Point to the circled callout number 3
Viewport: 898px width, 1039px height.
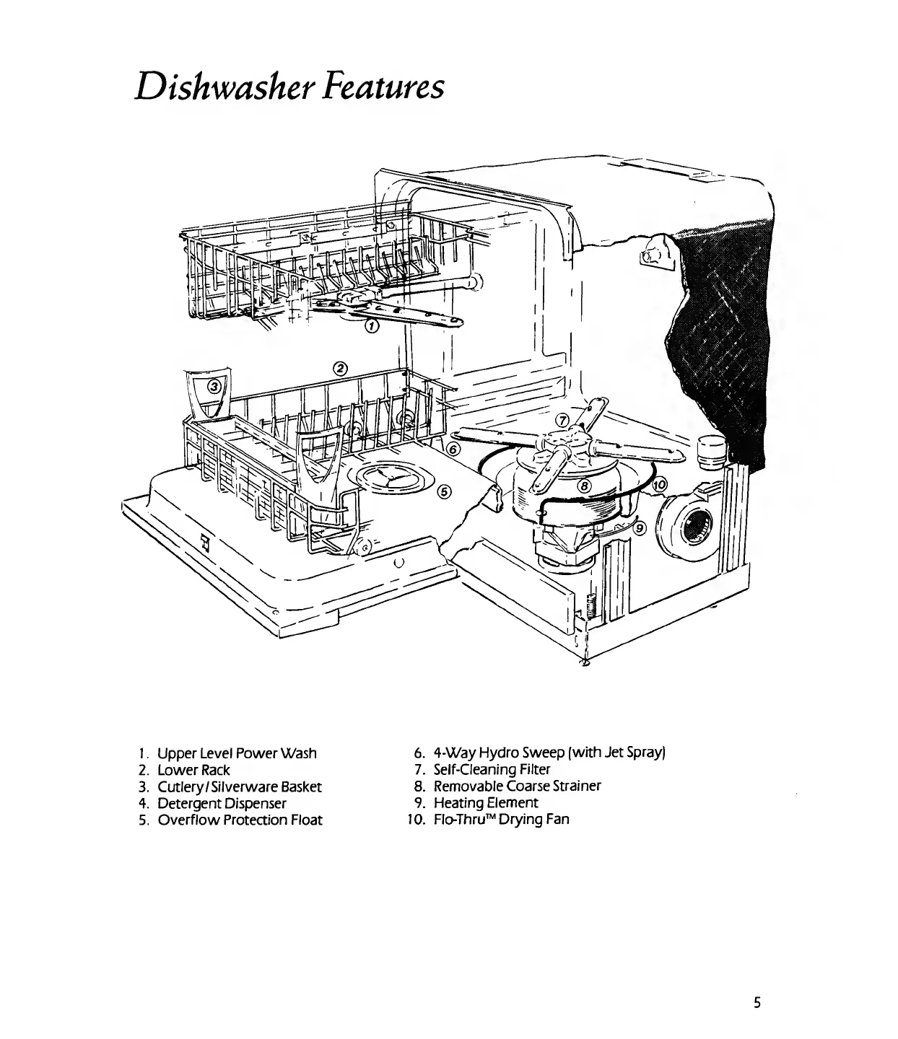pyautogui.click(x=214, y=387)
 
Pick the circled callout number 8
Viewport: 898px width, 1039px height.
pyautogui.click(x=586, y=486)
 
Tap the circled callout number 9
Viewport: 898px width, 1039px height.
pyautogui.click(x=638, y=527)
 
